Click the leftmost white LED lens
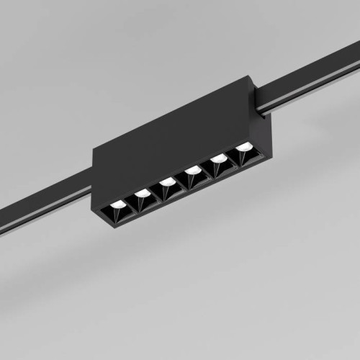(117, 204)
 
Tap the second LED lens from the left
(143, 193)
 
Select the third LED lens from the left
(167, 181)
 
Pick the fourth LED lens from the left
(192, 170)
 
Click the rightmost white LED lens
(245, 147)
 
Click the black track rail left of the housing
(43, 209)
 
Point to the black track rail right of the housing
(310, 79)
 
